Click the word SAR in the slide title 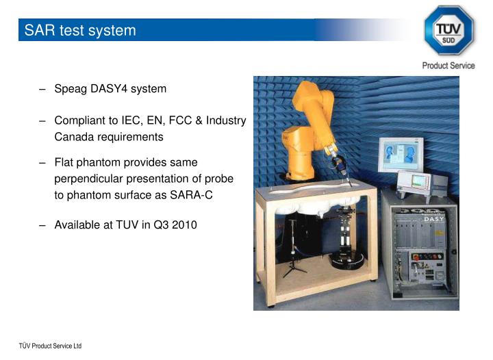38,31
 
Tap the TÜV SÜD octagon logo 448,30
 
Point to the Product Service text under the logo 448,65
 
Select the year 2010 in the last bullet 184,224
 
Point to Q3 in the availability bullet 162,224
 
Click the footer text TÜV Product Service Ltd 50,346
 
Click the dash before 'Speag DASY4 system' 42,89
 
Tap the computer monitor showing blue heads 401,155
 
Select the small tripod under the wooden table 294,257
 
